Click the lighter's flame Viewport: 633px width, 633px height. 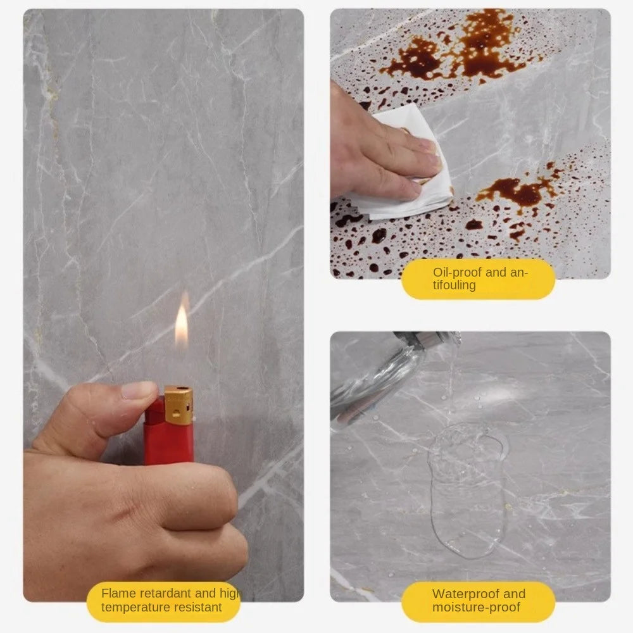[182, 324]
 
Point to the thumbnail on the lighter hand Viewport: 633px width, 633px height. [139, 389]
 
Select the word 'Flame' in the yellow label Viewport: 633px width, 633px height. [119, 593]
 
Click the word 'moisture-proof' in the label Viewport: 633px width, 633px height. [476, 608]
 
